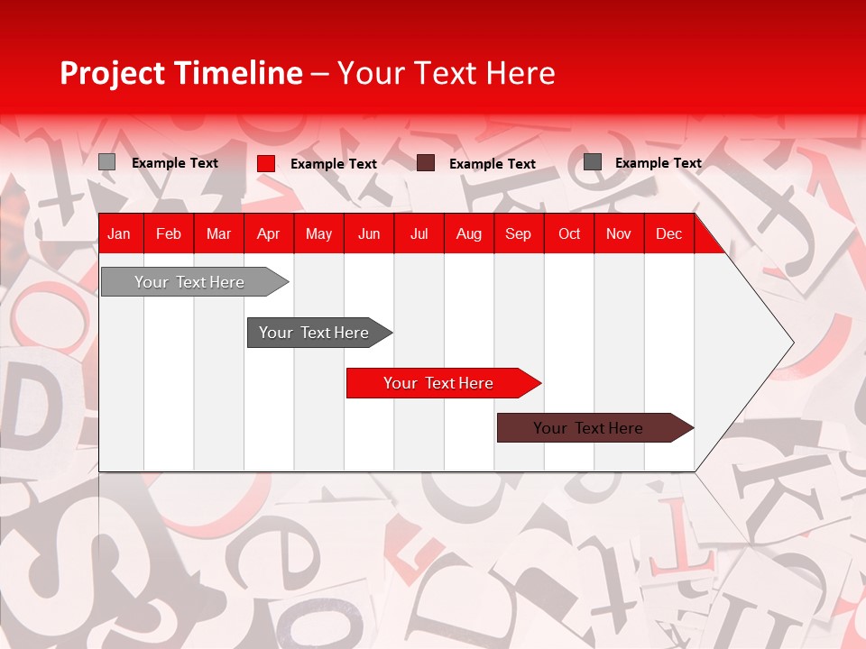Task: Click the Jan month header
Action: [119, 233]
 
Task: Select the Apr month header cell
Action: [268, 233]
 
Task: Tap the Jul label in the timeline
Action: [419, 233]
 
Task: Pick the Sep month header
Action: [518, 233]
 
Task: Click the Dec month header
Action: [668, 233]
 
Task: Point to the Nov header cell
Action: [618, 233]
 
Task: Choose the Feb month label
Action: [168, 233]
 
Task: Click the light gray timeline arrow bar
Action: [189, 282]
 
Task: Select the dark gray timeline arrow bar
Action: [314, 333]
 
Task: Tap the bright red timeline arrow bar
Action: [438, 383]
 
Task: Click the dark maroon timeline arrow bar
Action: [588, 428]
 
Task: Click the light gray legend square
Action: [106, 162]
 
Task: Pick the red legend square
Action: [266, 163]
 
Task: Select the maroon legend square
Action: [426, 163]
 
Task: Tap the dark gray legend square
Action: [593, 162]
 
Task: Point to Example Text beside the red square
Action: [334, 164]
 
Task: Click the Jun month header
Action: [368, 233]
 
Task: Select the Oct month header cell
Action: [569, 233]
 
